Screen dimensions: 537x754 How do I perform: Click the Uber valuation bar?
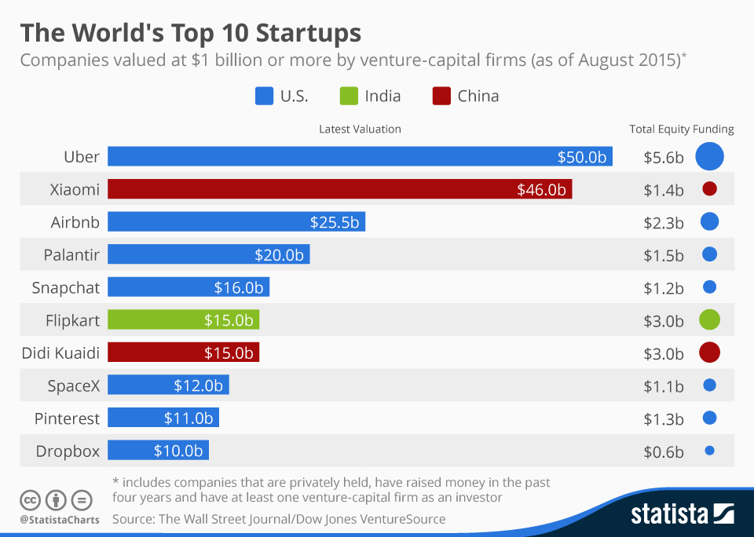[360, 156]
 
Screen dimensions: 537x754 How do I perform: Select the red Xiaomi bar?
[339, 189]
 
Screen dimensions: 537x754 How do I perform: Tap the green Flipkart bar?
[183, 320]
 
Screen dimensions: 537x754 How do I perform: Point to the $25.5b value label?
[334, 222]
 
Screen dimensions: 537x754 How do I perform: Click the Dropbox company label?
[68, 451]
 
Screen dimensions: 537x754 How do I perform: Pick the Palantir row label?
[71, 254]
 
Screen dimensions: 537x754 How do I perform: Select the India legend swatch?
[349, 97]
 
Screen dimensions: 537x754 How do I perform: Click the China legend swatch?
[441, 97]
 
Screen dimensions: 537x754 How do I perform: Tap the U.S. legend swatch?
[264, 97]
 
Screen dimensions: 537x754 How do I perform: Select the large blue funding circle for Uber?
[709, 156]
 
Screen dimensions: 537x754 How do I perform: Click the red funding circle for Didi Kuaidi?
[709, 353]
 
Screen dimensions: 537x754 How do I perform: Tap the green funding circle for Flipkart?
[709, 320]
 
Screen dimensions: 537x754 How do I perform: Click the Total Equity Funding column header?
[681, 130]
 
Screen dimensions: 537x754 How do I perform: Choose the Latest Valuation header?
[360, 130]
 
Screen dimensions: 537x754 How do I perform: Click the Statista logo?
[683, 514]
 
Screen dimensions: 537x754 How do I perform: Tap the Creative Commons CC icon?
[30, 499]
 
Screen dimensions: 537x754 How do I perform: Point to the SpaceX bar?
[168, 385]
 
